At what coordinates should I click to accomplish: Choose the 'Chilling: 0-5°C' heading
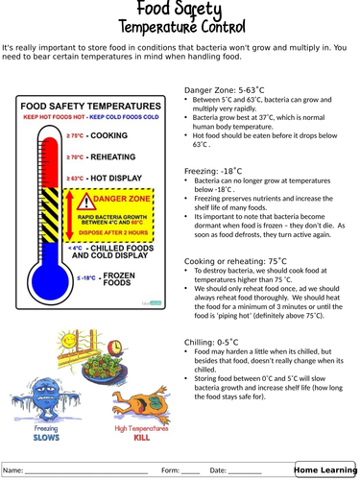pos(211,342)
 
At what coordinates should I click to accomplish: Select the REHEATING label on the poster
pos(116,157)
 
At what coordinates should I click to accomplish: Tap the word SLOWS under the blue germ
pos(46,439)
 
